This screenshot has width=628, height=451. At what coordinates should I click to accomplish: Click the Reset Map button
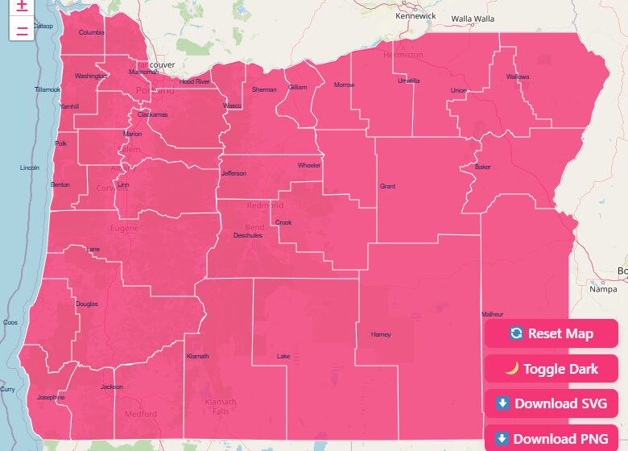point(551,333)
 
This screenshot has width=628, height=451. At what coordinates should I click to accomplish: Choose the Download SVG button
point(551,403)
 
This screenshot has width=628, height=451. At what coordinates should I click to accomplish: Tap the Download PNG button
point(551,439)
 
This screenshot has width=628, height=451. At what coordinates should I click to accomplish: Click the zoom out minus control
point(22,31)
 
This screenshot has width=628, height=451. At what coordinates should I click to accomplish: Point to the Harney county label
point(380,334)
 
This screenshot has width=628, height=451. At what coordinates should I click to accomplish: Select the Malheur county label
point(492,314)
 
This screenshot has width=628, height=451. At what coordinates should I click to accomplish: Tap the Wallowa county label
point(518,77)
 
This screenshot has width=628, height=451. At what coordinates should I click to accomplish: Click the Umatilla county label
point(408,81)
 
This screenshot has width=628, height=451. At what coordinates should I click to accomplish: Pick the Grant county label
point(387,186)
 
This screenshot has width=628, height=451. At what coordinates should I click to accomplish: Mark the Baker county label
point(482,168)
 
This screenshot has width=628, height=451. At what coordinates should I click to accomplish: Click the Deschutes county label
point(248,235)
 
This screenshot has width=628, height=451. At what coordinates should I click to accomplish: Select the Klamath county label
point(197,356)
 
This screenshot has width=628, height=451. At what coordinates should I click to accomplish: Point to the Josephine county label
point(51,397)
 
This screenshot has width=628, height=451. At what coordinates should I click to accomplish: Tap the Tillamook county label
point(48,89)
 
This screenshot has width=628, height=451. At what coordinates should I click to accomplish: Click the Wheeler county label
point(309,165)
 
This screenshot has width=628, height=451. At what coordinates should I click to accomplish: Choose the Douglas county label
point(87,304)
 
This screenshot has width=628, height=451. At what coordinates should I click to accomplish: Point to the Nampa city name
point(602,288)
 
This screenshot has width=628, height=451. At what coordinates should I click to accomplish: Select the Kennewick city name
point(415,16)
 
